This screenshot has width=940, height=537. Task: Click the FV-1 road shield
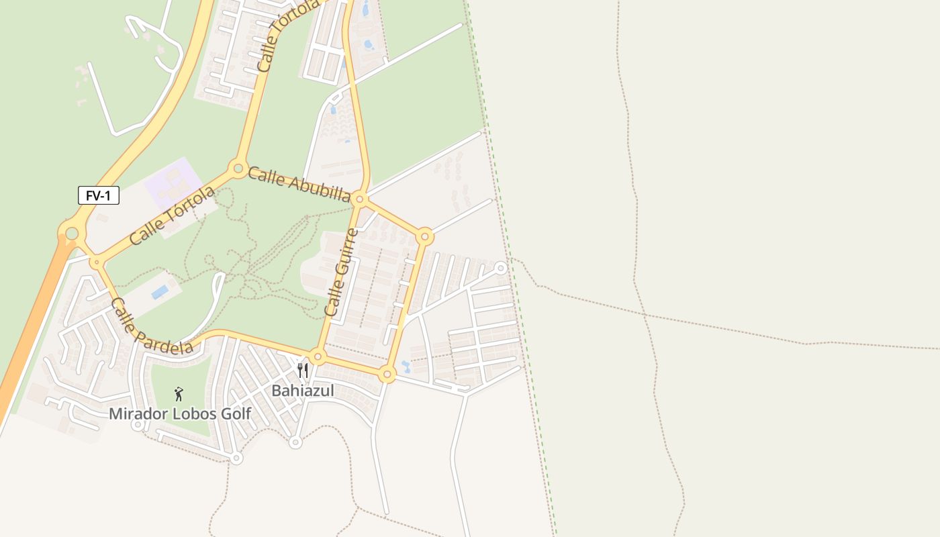(99, 196)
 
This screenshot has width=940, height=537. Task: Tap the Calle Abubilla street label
(299, 185)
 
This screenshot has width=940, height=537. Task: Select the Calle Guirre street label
(341, 273)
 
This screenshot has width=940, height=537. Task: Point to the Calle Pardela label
(152, 326)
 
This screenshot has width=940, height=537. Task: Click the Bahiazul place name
(302, 391)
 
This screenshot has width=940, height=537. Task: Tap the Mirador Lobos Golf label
(180, 413)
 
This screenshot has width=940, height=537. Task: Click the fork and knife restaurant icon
(303, 371)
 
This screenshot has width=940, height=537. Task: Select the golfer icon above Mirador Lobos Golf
(179, 394)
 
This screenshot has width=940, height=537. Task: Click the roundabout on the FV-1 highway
(72, 234)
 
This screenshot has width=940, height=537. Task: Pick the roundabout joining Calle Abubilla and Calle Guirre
(359, 199)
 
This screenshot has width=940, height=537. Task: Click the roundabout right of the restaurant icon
(318, 356)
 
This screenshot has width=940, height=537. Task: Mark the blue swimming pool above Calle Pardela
(160, 293)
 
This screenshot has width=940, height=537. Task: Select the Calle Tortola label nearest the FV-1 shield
(173, 215)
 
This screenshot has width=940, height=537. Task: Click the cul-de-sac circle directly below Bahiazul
(295, 442)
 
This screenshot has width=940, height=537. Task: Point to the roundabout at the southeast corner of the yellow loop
(387, 374)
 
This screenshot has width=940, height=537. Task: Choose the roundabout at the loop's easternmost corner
(424, 236)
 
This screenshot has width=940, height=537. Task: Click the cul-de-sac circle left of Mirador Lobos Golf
(138, 424)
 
